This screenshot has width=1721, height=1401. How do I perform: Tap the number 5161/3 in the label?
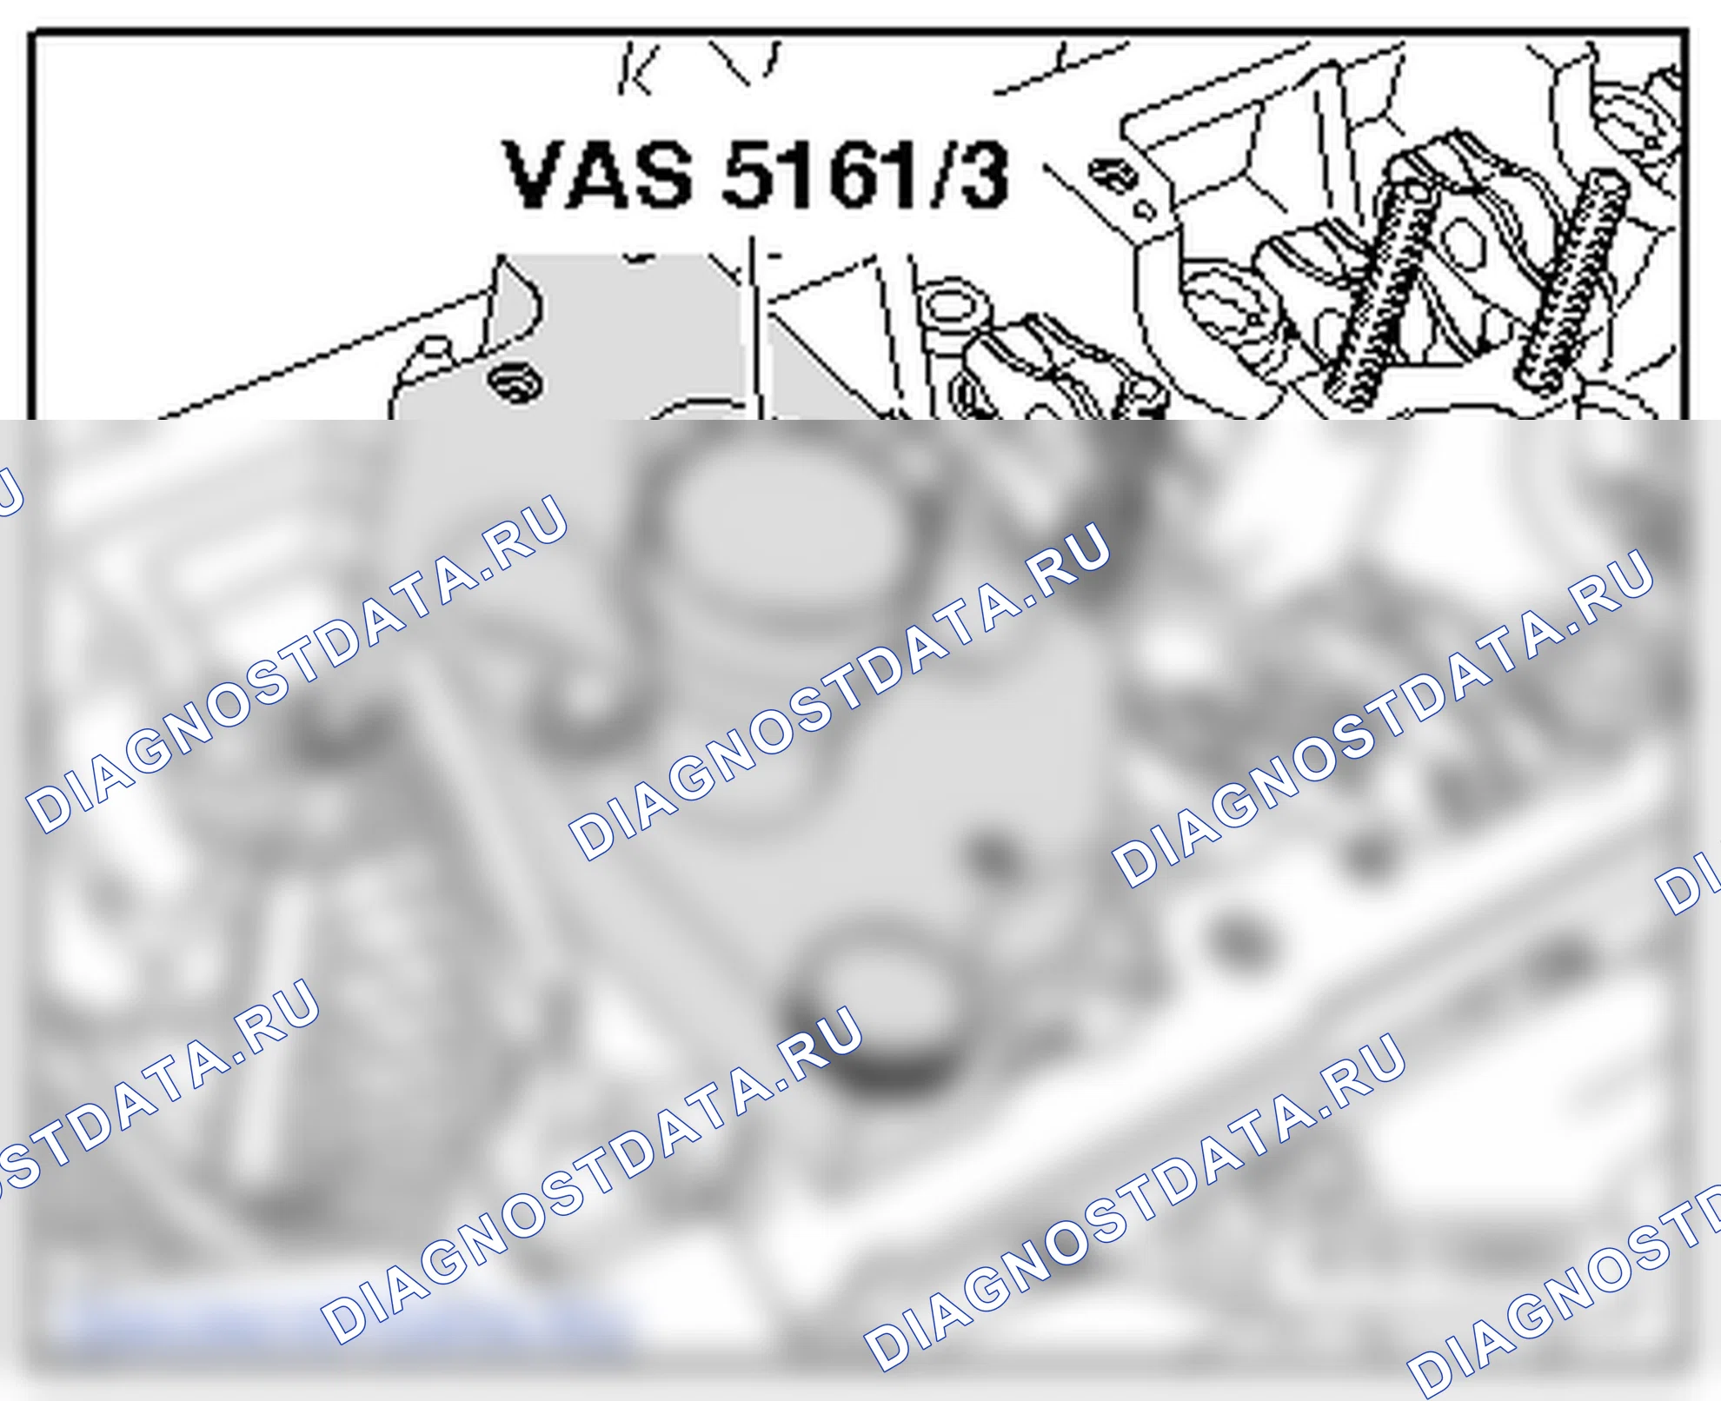pyautogui.click(x=866, y=176)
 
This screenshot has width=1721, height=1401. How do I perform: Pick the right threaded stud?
pyautogui.click(x=1571, y=278)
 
